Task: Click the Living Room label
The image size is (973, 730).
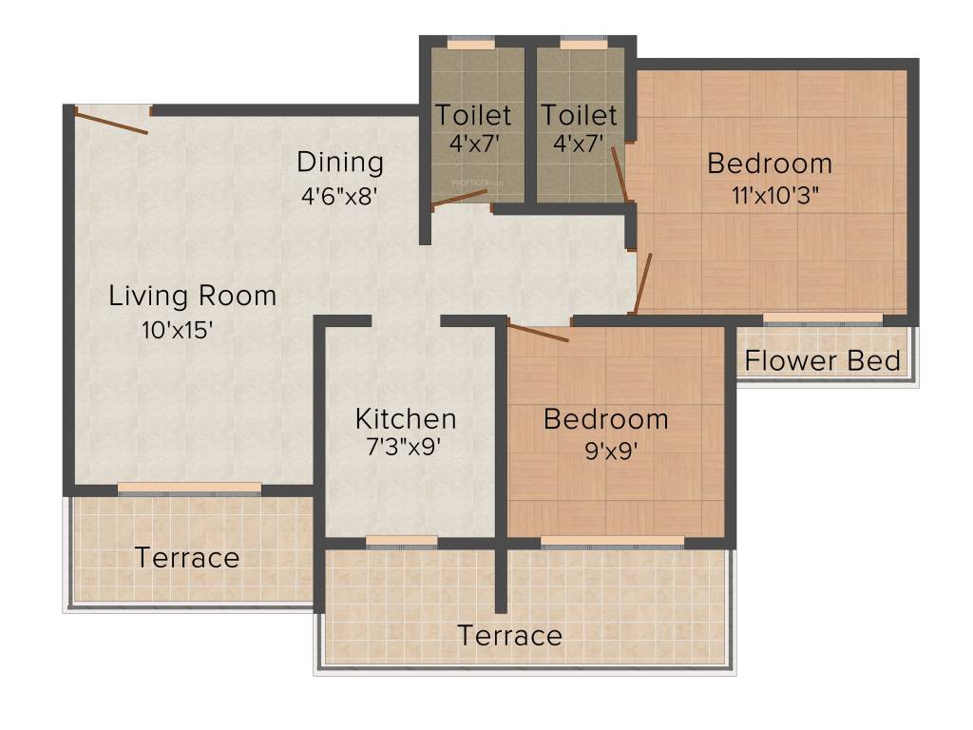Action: (193, 296)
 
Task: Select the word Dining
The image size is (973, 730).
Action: (340, 162)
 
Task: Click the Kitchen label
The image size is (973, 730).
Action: (406, 418)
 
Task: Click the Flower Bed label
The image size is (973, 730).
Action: (823, 361)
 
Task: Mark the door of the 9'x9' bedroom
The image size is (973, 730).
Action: (538, 333)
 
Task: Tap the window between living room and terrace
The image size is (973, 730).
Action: (189, 489)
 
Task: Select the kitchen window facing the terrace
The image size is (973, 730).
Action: (401, 542)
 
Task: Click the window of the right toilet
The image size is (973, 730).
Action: (583, 44)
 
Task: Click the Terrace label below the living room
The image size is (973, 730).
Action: (187, 558)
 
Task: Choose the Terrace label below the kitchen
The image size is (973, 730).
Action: (510, 636)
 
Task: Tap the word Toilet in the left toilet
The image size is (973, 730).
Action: (473, 116)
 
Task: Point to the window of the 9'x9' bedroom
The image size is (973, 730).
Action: (612, 542)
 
